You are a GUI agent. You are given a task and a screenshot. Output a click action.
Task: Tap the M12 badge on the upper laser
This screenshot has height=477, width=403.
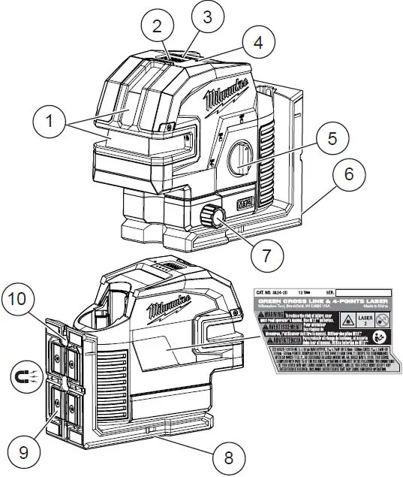(242, 204)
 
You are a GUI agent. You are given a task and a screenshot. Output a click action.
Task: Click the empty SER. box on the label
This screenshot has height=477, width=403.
(365, 290)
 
